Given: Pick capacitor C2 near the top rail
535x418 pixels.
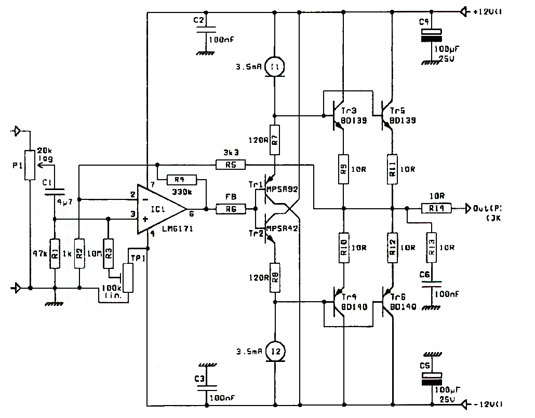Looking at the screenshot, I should coord(206,31).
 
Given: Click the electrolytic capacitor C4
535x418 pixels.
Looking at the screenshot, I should coord(432,34).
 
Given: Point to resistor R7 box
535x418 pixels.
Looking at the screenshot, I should coord(275,140).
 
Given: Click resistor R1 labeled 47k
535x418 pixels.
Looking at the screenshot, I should coord(54,253).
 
